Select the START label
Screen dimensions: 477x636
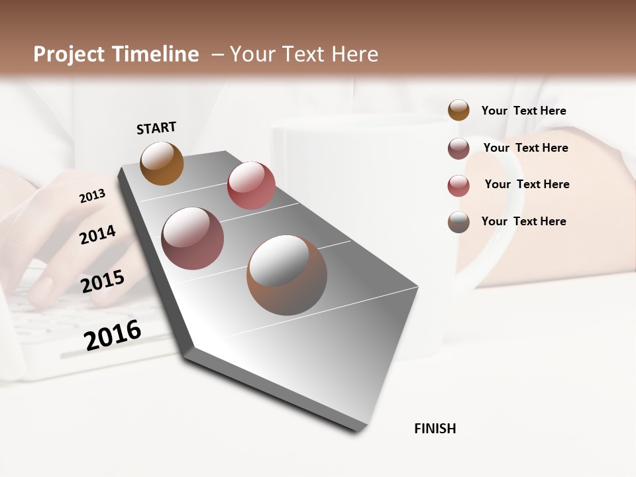156,128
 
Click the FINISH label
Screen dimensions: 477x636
435,429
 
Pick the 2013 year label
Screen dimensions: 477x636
93,196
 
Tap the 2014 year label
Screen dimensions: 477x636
97,235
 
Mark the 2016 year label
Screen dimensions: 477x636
113,335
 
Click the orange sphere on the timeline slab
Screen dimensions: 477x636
162,163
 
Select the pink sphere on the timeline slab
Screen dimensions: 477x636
251,185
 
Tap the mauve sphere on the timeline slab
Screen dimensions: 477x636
193,238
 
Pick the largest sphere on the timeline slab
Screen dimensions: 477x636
287,275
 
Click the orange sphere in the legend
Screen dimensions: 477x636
458,110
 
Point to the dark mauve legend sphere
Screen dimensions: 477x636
458,148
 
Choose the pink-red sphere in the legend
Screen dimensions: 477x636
458,185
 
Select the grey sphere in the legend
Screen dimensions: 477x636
458,222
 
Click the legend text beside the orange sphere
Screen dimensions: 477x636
524,111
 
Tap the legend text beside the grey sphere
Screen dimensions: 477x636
524,221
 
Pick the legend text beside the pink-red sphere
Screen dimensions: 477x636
527,184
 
